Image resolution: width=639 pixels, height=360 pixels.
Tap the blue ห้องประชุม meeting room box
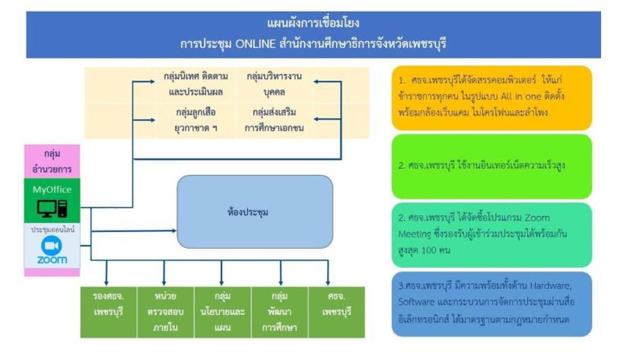click(255, 211)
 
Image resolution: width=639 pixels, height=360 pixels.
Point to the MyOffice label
click(52, 187)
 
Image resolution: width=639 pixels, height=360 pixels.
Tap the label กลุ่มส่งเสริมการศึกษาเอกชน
click(274, 119)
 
